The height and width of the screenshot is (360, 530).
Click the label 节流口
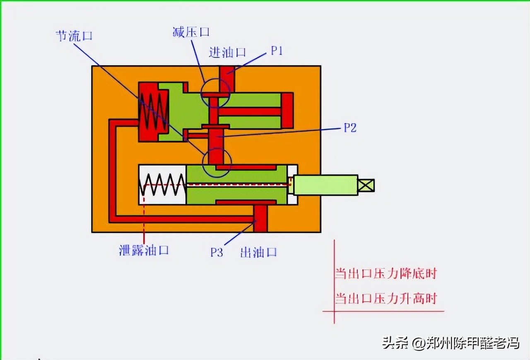pos(74,36)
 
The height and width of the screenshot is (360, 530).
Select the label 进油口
pos(227,52)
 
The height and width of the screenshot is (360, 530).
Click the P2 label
pos(350,128)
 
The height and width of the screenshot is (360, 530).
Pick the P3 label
pos(217,252)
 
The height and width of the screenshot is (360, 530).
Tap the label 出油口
pos(258,252)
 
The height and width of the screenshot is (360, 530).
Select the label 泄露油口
pos(144,250)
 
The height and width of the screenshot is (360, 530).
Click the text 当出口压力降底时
pos(385,274)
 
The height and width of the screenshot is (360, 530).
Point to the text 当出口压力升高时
pos(385,298)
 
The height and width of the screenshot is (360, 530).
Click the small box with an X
pos(366,185)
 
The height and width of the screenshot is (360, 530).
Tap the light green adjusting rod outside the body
pos(325,185)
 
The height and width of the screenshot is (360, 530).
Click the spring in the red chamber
pos(153,112)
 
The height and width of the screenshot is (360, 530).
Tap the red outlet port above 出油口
pos(261,218)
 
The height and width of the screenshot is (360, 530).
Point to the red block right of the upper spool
pos(287,110)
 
